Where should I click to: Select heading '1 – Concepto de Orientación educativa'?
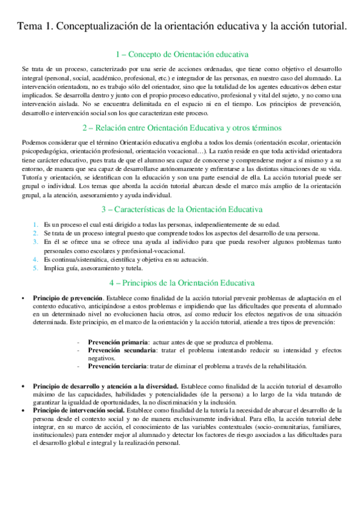click(182, 55)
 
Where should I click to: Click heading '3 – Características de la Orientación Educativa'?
click(182, 209)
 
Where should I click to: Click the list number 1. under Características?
click(36, 225)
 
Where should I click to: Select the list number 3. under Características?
click(36, 242)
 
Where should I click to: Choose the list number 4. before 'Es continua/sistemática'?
click(36, 259)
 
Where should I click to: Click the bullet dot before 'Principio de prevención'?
click(22, 298)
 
